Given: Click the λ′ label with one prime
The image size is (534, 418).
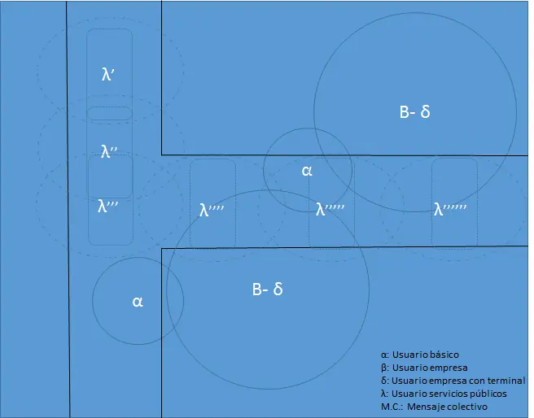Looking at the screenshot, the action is click(107, 74).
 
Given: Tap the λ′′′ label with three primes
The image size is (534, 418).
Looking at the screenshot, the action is click(107, 206).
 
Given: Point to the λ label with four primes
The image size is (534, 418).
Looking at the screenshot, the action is click(212, 210).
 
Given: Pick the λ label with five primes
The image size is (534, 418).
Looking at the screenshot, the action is click(330, 209).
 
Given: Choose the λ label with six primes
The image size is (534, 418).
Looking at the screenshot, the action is click(450, 209).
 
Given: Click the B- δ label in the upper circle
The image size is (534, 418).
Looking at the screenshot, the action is click(414, 111).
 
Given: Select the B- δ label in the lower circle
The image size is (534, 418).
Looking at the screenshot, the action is click(267, 289).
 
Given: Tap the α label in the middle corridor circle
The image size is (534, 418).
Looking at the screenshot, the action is click(307, 171).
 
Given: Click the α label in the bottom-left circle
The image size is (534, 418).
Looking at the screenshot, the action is click(138, 302).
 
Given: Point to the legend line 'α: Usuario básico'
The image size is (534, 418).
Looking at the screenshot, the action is click(420, 355).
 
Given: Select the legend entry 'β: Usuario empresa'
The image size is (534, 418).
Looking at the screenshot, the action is click(424, 368).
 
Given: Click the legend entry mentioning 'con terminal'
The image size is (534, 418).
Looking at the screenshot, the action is click(453, 381).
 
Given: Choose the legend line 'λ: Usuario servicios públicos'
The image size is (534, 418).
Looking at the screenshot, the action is click(444, 394).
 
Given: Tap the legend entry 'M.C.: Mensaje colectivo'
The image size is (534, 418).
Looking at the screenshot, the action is click(434, 407).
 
